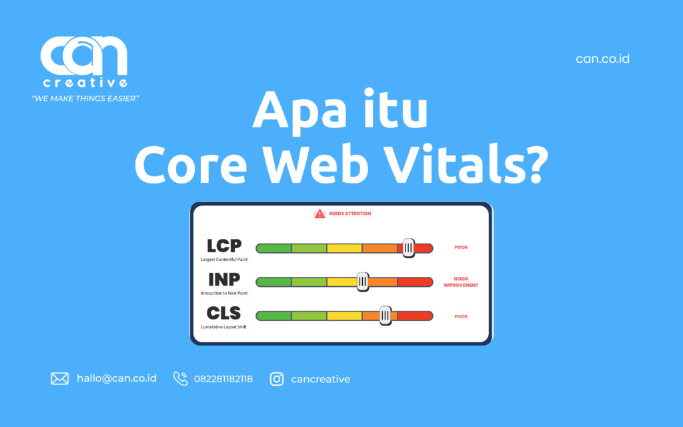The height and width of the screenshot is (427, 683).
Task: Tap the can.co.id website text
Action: click(602, 59)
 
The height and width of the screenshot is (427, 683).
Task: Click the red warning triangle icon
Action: click(319, 213)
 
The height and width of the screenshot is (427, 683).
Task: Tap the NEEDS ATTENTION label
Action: click(350, 213)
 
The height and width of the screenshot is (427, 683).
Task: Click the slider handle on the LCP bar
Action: click(408, 248)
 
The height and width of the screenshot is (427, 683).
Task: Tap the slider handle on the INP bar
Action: click(362, 282)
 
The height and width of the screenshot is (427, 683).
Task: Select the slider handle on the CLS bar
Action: click(385, 316)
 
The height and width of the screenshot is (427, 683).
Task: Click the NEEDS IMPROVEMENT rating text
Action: click(461, 282)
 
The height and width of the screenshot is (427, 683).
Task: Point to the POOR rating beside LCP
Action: click(461, 248)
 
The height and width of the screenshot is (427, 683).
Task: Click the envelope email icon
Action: click(60, 379)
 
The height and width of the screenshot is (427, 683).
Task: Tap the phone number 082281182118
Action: click(223, 379)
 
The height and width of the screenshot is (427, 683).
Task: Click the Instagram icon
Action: click(277, 379)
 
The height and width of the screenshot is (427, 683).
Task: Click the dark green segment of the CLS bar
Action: click(274, 316)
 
